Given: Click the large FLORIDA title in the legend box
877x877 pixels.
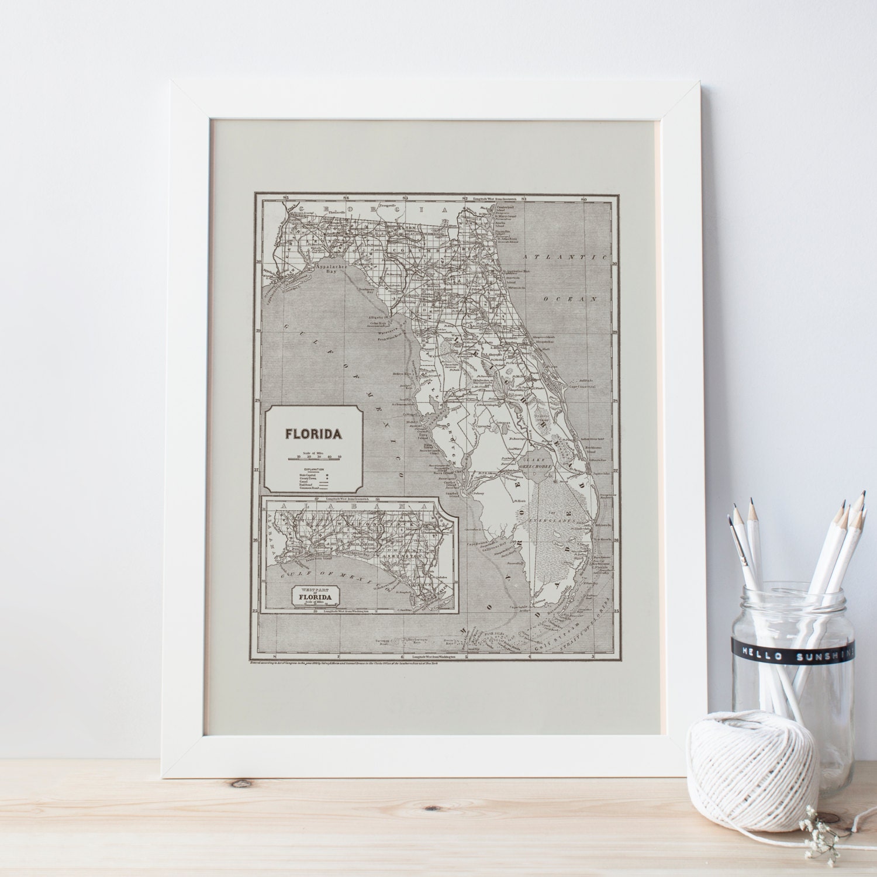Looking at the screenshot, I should [x=313, y=434].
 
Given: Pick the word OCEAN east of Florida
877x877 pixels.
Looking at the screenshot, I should [x=571, y=298].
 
